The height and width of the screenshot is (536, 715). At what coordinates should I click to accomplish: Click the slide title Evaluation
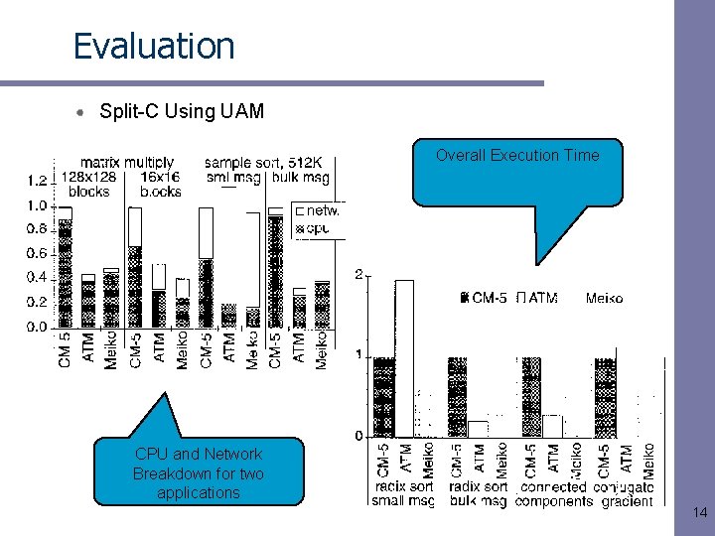point(154,47)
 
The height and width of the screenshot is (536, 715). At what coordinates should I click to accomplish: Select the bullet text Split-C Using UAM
point(182,111)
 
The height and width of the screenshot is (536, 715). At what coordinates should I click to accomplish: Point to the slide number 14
point(700,513)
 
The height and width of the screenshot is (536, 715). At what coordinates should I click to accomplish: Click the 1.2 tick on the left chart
point(37,181)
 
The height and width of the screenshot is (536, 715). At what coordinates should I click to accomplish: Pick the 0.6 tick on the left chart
point(37,253)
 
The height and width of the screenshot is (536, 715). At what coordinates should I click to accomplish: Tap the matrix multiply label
point(127,162)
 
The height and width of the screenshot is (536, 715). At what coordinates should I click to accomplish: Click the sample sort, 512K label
point(269,162)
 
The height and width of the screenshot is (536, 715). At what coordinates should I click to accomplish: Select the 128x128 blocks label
point(89,184)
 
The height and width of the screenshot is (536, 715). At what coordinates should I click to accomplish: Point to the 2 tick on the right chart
point(358,274)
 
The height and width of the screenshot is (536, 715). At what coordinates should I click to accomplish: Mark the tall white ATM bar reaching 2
point(404,357)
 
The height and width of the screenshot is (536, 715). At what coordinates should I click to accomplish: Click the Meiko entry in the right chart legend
point(604,298)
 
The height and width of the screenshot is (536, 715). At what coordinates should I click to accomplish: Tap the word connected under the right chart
point(554,487)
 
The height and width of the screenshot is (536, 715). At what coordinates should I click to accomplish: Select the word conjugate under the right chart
point(623,487)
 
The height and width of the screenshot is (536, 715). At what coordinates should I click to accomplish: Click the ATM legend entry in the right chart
point(537,298)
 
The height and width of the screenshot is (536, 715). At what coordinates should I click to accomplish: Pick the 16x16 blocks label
point(161,184)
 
